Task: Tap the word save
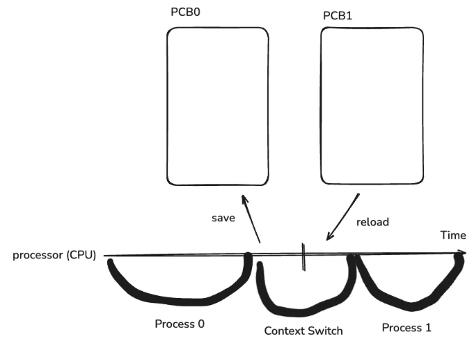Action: (x=223, y=218)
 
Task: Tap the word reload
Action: (x=372, y=222)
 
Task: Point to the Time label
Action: (x=452, y=236)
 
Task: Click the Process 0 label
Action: (x=180, y=324)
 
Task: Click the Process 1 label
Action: (x=407, y=327)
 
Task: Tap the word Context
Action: (x=285, y=331)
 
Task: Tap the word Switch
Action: (x=326, y=331)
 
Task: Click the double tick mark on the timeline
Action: (x=304, y=256)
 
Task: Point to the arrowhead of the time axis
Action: (x=462, y=252)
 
